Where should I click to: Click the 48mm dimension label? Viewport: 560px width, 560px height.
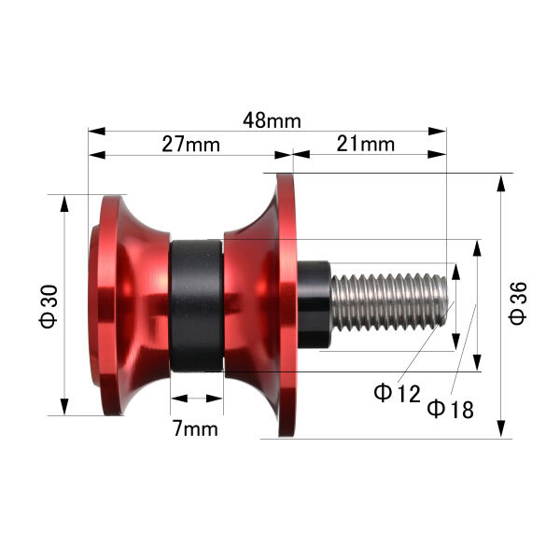[x=273, y=120]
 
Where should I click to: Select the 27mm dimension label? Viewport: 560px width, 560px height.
[x=190, y=145]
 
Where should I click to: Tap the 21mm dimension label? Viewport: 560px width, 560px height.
[x=365, y=145]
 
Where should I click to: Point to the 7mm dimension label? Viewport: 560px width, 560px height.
[x=195, y=428]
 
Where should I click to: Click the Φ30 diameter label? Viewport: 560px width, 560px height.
[x=49, y=306]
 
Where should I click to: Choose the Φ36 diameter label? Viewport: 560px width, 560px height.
[x=518, y=303]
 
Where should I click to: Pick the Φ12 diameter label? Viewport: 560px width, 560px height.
[x=397, y=393]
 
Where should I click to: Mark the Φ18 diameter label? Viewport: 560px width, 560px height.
[x=451, y=409]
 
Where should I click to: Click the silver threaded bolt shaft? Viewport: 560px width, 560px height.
[x=389, y=301]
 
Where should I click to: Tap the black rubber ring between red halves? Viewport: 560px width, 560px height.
[x=196, y=306]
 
